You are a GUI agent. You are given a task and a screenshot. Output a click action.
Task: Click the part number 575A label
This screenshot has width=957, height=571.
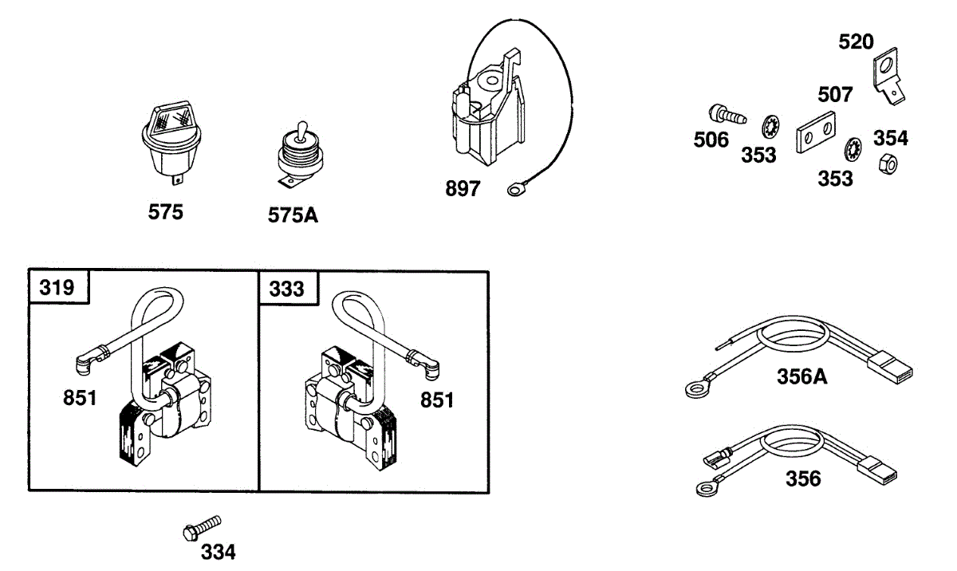pos(293,215)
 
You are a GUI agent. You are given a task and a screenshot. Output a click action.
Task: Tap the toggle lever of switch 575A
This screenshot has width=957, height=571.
pos(302,130)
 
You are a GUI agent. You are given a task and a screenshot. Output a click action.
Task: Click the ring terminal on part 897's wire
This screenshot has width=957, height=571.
pos(516,189)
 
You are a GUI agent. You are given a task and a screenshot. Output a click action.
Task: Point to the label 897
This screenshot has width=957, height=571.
pos(463,188)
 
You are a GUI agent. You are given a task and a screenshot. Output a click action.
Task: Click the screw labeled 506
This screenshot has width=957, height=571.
pos(727,114)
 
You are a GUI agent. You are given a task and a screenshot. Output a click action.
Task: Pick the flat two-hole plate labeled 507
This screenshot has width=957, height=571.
pos(816,132)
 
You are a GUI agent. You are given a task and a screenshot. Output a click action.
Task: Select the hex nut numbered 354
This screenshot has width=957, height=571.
pos(888,164)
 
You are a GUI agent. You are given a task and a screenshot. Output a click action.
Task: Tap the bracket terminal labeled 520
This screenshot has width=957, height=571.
pos(888,77)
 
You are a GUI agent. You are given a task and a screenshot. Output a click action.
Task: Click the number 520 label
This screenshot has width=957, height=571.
pos(856,41)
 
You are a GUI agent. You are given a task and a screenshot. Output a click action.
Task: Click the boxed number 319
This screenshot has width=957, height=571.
pos(57,287)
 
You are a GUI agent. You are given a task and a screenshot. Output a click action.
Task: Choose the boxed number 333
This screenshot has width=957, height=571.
pos(286,289)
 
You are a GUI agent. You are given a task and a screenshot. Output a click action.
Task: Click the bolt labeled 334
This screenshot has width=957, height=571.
pos(202,528)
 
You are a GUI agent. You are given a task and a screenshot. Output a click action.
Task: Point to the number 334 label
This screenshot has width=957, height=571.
pos(218,552)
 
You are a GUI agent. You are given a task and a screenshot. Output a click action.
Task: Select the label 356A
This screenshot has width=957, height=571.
pos(802,376)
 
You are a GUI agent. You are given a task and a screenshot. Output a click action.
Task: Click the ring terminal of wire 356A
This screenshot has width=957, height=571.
pos(696,389)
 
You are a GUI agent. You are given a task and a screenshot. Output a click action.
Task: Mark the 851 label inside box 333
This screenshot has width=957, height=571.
pos(437,400)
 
